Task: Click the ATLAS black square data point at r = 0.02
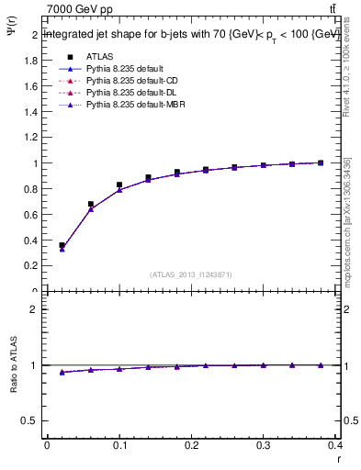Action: click(x=62, y=245)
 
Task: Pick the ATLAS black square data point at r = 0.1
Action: click(x=119, y=185)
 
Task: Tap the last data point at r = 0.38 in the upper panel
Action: click(x=321, y=162)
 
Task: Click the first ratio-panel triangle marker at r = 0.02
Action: click(x=62, y=372)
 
